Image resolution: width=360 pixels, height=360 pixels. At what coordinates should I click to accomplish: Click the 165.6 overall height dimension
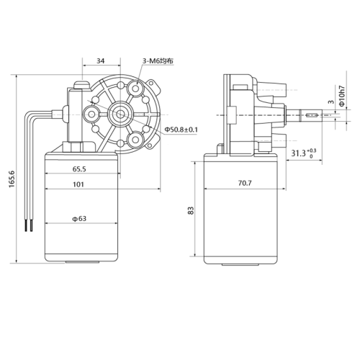tap(12, 179)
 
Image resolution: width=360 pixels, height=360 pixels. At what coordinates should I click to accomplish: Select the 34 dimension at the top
tap(101, 61)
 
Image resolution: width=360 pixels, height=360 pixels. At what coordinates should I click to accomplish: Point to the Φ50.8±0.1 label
tap(181, 130)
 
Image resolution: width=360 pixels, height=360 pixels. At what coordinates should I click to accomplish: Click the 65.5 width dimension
tap(79, 169)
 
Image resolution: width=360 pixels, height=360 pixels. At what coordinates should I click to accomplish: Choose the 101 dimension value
tap(78, 184)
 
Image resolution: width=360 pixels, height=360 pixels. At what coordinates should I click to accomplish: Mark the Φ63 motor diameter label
tap(79, 219)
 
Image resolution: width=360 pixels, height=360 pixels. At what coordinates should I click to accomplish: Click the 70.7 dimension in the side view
tap(245, 183)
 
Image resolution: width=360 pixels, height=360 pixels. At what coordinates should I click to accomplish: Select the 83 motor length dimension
tap(191, 210)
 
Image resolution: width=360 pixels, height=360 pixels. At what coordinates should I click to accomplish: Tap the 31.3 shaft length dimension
tap(304, 153)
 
